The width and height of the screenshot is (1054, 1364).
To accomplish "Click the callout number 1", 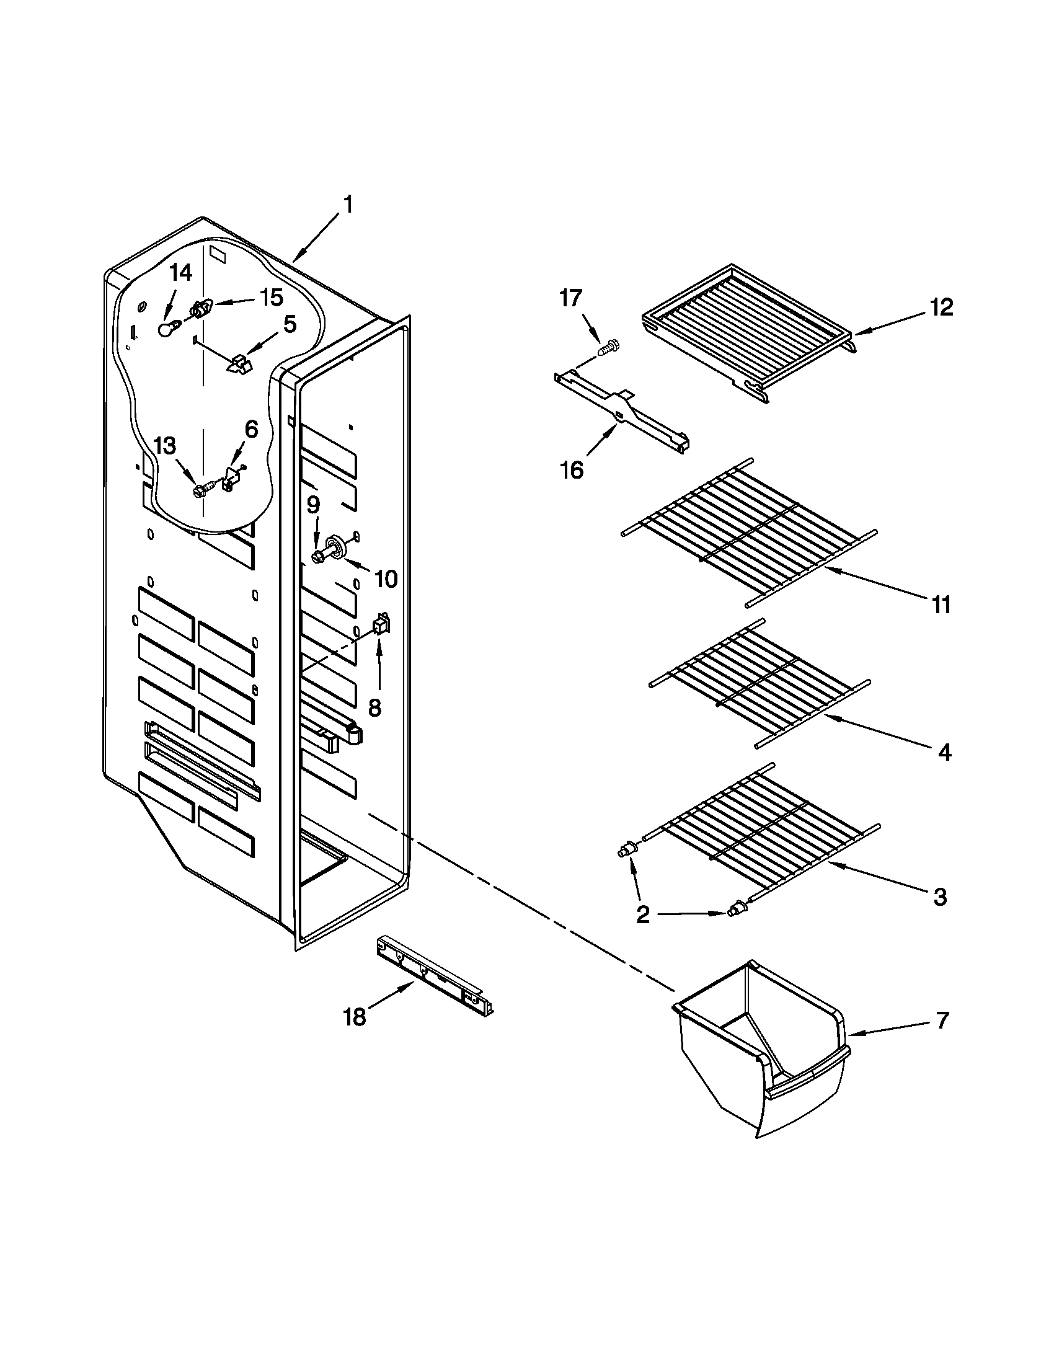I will (348, 205).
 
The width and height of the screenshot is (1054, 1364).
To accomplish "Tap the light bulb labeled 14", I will (166, 329).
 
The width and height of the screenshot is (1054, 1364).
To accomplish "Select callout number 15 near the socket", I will (272, 297).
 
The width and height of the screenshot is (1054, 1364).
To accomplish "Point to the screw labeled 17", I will (607, 347).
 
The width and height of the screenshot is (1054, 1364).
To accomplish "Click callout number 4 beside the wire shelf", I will (945, 753).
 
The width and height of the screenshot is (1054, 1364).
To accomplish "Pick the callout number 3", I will (941, 897).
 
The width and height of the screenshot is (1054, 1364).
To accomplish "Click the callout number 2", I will (643, 915).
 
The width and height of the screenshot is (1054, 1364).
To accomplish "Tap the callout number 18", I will (354, 1017).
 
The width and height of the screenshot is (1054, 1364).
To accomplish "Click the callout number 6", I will (250, 429).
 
